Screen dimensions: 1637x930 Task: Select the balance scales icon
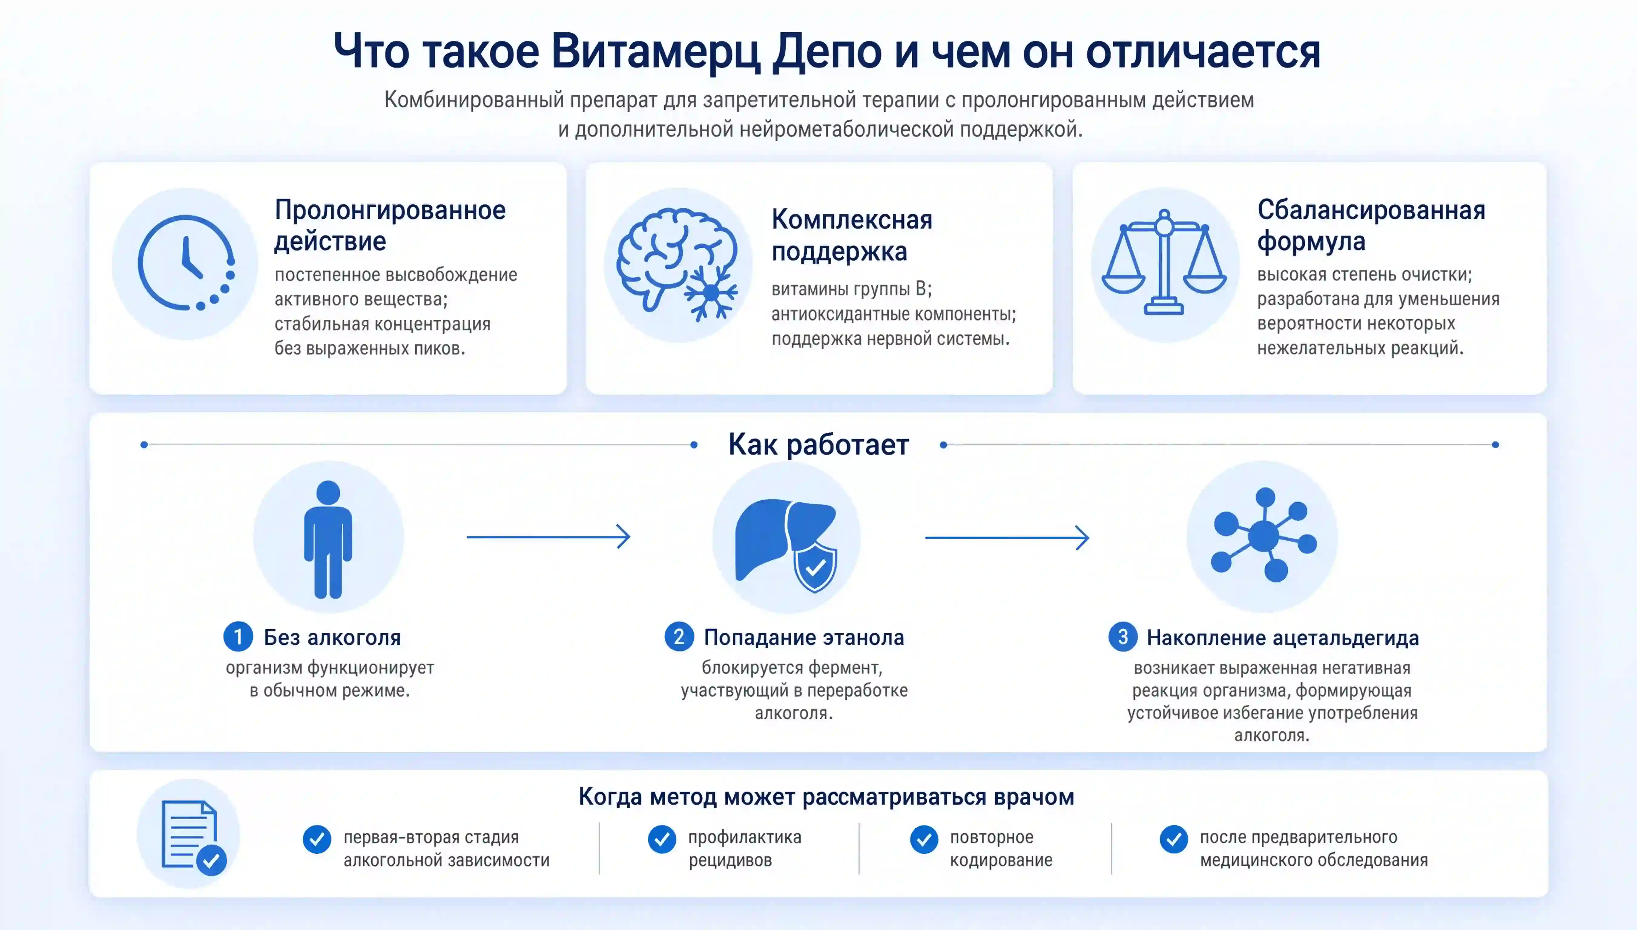point(1164,262)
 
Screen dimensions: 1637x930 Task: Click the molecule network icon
point(1263,535)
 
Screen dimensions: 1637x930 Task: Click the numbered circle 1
point(238,637)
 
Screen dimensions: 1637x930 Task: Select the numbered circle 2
point(679,637)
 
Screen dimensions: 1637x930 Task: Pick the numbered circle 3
point(1122,637)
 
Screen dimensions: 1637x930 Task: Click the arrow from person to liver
point(548,536)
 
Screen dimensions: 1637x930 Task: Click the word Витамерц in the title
point(656,51)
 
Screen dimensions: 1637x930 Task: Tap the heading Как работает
point(819,444)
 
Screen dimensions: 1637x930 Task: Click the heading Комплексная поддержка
point(852,235)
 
